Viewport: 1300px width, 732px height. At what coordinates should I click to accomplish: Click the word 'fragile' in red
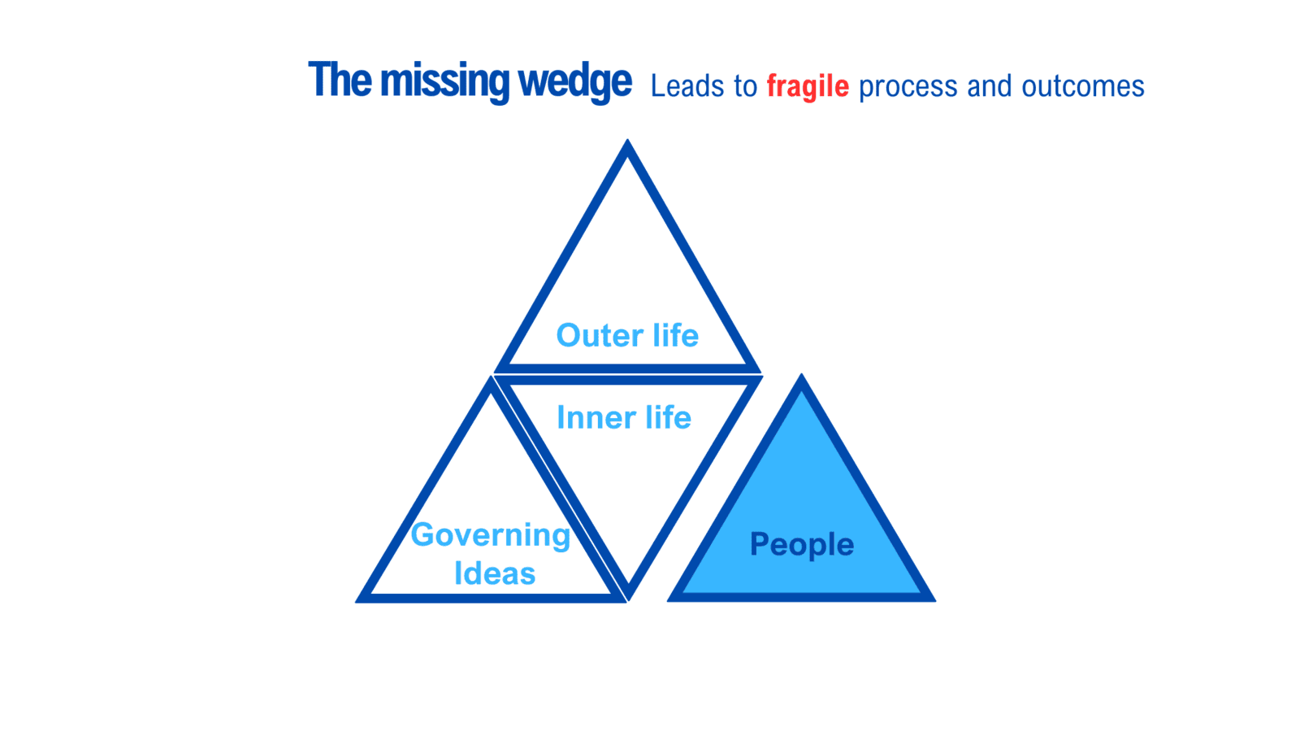[x=808, y=87]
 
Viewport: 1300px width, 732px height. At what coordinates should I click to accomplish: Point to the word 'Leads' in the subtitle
[x=687, y=86]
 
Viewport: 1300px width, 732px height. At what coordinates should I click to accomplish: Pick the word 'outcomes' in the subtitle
[x=1083, y=86]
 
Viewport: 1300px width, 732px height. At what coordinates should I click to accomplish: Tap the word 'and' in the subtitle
[x=990, y=86]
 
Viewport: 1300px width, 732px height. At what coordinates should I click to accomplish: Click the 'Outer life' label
[x=627, y=335]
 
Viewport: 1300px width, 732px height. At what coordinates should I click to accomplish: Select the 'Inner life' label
[x=624, y=417]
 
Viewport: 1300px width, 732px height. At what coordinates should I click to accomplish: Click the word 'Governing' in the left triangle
[x=491, y=536]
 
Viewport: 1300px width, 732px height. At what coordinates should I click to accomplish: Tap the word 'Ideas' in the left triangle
[x=495, y=573]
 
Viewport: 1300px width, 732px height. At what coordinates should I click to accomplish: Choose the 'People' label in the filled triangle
[x=801, y=545]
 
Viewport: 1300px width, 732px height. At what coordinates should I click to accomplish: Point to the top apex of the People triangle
[x=801, y=374]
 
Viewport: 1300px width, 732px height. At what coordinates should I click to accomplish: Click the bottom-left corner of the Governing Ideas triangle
[x=356, y=602]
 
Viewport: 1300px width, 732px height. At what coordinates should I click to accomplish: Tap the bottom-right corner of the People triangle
[x=935, y=601]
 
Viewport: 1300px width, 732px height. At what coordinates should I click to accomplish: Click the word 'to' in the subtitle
[x=746, y=87]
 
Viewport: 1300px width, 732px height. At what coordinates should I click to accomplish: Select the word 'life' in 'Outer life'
[x=675, y=335]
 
